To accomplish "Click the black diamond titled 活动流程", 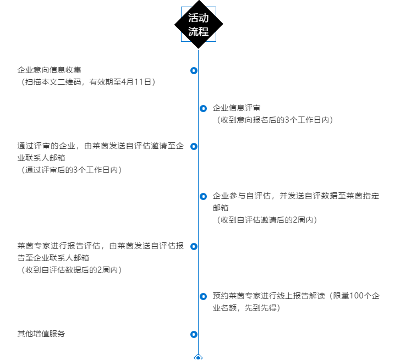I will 199,25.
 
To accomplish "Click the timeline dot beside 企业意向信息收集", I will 194,70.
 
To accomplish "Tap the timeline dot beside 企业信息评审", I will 204,108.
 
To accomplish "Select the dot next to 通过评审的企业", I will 194,146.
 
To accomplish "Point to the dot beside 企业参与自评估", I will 204,196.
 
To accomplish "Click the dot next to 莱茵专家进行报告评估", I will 194,246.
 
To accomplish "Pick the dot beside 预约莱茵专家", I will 204,296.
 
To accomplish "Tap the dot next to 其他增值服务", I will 194,334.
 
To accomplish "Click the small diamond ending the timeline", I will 199,357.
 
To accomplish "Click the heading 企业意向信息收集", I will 50,70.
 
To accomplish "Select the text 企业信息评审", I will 237,108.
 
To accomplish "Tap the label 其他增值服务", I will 41,334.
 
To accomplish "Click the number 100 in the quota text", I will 357,296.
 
